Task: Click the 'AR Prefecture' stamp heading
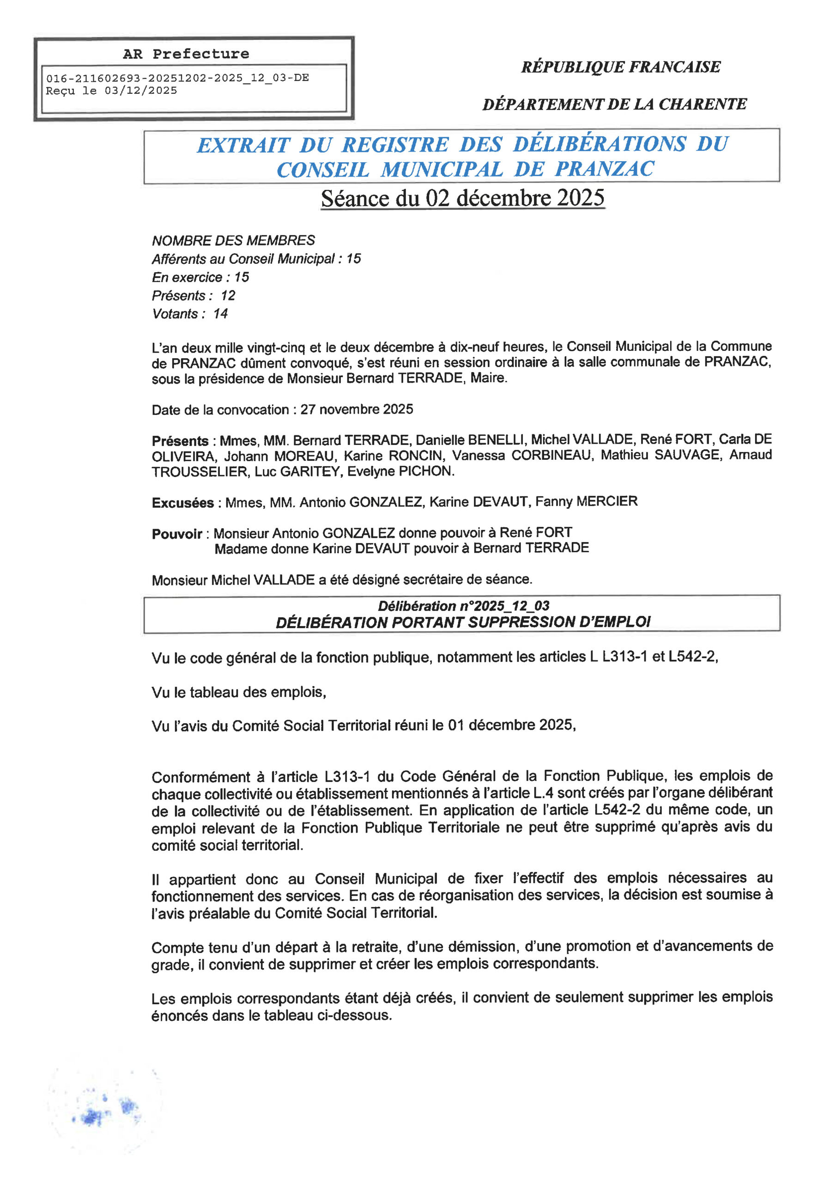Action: tap(186, 54)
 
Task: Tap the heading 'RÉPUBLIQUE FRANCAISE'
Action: tap(621, 67)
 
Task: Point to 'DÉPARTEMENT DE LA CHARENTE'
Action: tap(614, 104)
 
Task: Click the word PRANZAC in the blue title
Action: tap(604, 169)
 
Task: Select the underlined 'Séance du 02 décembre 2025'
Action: tap(462, 198)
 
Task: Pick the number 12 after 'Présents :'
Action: tap(228, 296)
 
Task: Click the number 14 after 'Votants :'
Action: tap(220, 314)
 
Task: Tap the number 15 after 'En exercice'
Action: tap(242, 277)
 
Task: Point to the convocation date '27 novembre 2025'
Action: tap(357, 409)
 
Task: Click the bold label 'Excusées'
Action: tap(183, 503)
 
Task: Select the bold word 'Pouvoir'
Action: tap(177, 534)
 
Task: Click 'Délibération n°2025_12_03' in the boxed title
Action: tap(464, 606)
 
